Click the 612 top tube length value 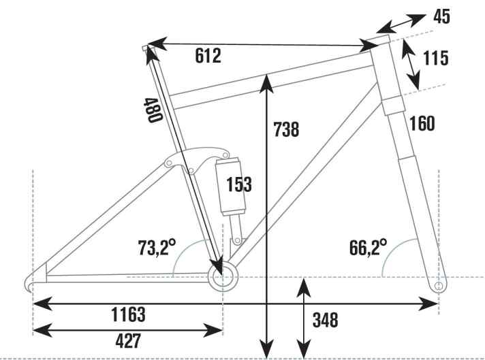208,56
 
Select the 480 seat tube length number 153,110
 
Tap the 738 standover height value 286,129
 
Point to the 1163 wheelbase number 128,314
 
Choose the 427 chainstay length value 128,341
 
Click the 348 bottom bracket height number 326,320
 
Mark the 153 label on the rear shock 239,184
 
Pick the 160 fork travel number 422,123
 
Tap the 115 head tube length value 435,58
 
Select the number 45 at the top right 441,16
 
